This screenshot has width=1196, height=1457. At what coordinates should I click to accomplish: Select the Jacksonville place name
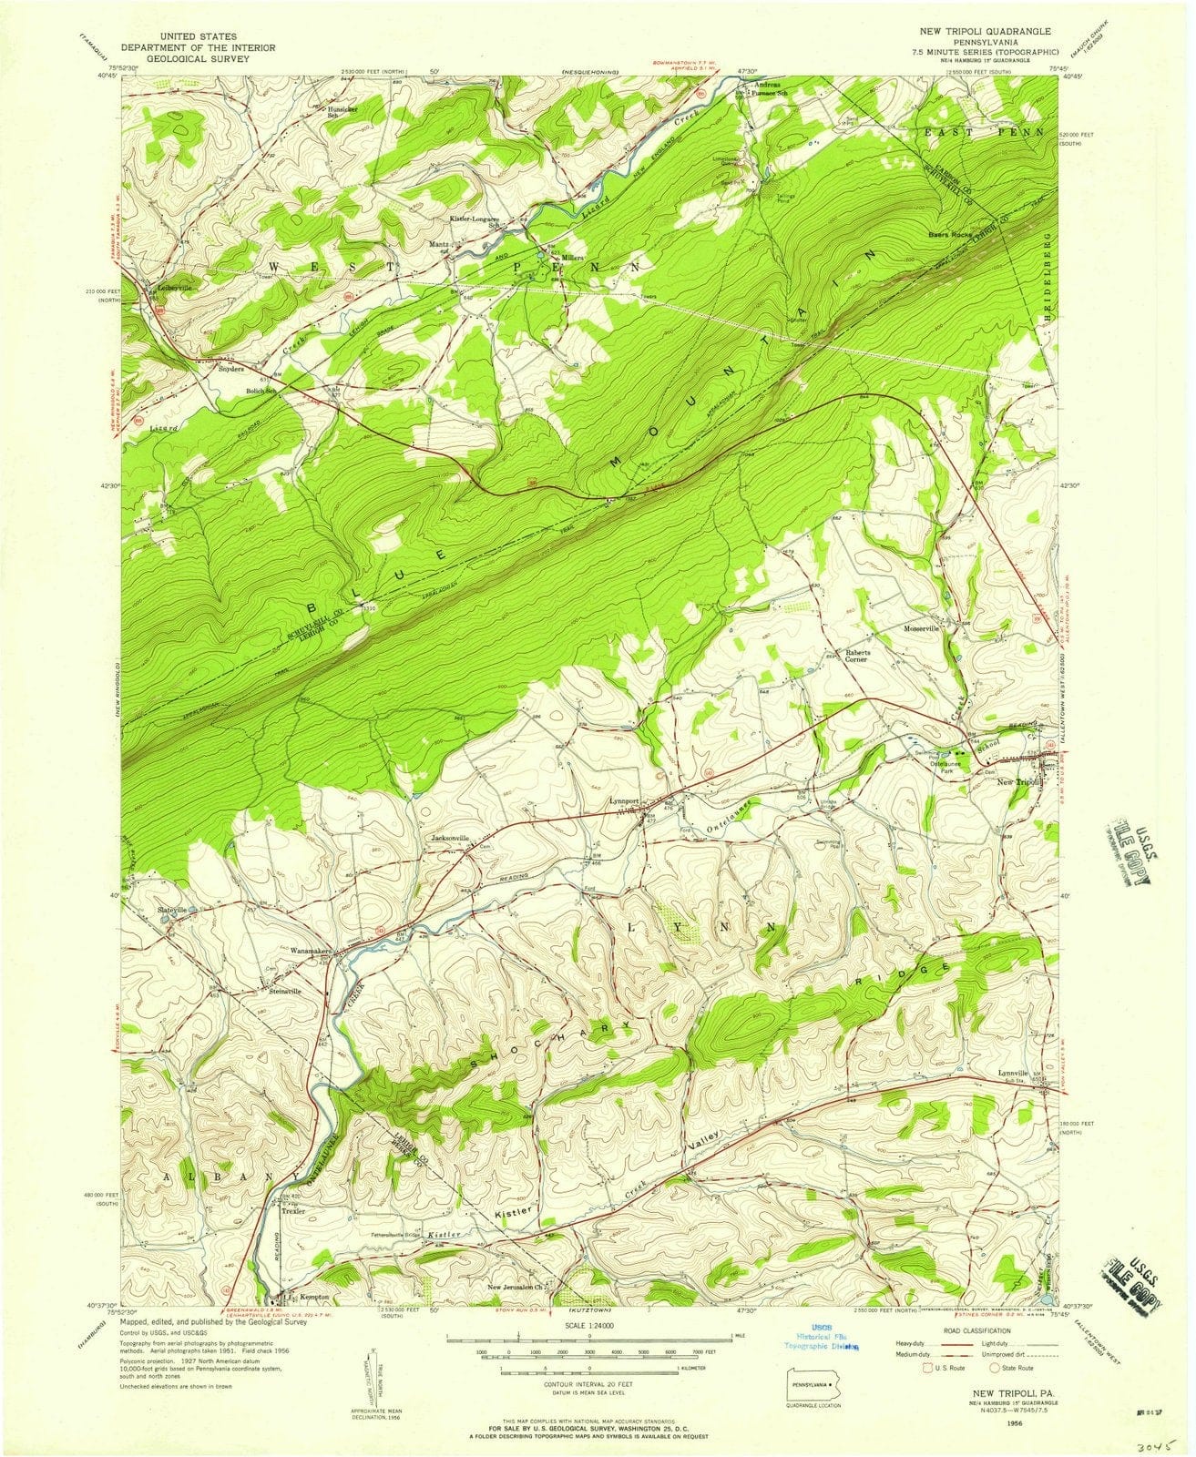[x=450, y=837]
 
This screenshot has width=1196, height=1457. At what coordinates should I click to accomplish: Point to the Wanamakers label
[x=314, y=950]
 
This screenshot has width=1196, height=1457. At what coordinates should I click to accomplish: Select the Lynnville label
[x=1012, y=1073]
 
